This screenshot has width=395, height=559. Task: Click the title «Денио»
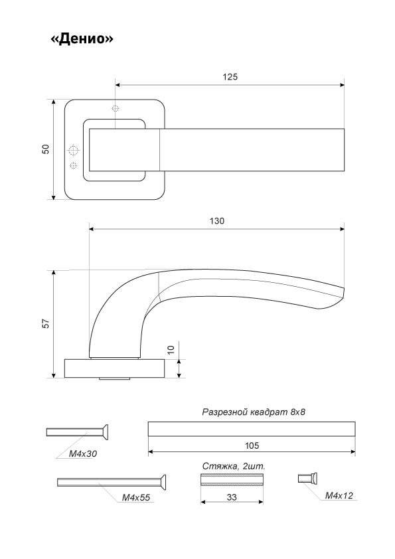(82, 39)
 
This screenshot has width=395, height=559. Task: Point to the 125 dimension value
(230, 77)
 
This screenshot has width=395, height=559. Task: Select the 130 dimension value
(216, 221)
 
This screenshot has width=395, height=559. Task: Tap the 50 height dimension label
(46, 149)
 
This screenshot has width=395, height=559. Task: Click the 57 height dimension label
(46, 323)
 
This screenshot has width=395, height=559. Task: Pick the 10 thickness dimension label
(171, 350)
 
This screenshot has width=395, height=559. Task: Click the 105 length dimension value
(252, 445)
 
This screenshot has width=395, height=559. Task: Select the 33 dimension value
(232, 497)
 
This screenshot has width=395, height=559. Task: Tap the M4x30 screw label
(83, 454)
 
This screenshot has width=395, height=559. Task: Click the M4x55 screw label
(136, 497)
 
